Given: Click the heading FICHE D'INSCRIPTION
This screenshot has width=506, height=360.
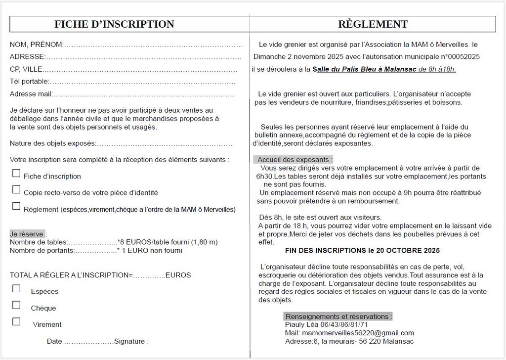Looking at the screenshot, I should [x=114, y=24].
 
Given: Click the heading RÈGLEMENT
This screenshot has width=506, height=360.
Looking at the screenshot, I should [x=373, y=24].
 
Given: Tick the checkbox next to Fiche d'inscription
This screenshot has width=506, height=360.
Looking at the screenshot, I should [x=16, y=174].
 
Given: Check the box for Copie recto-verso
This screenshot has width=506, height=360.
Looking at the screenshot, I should [x=16, y=190].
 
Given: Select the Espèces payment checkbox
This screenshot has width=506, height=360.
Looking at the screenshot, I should [x=16, y=289].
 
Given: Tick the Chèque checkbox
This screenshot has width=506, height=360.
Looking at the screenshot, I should [x=16, y=305].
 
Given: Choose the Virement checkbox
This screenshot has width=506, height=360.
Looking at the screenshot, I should [x=16, y=321].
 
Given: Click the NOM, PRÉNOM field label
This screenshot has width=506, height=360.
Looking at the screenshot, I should [x=36, y=45].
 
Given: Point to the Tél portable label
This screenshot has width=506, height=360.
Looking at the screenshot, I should [x=29, y=81].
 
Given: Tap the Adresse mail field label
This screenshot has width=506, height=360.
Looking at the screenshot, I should [x=31, y=93].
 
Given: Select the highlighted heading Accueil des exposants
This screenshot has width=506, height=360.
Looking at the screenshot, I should [x=295, y=160].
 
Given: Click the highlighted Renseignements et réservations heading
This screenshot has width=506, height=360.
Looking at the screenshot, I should [x=338, y=316].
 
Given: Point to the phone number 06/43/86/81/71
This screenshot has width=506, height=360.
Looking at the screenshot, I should [x=344, y=325].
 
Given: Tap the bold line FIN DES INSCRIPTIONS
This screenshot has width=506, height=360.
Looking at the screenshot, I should [x=362, y=251].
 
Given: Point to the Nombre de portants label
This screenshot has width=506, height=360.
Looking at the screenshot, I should [x=42, y=251].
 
